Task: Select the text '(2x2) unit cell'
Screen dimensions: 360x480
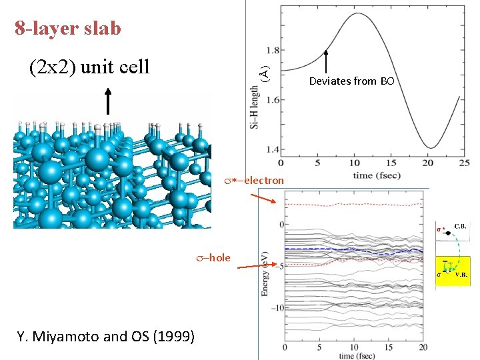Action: click(x=89, y=67)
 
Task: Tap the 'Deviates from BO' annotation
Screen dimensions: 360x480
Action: click(x=351, y=81)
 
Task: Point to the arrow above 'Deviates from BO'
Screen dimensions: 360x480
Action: click(x=327, y=61)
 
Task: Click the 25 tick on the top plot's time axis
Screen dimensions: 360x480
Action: click(x=465, y=163)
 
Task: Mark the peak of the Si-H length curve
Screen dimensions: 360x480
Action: click(x=358, y=13)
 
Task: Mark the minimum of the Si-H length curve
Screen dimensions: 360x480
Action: click(x=431, y=148)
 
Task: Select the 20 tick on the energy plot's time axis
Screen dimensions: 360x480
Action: click(x=423, y=347)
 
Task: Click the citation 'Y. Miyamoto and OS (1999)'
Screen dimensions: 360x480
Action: click(x=106, y=337)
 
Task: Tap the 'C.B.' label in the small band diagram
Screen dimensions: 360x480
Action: click(x=461, y=227)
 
